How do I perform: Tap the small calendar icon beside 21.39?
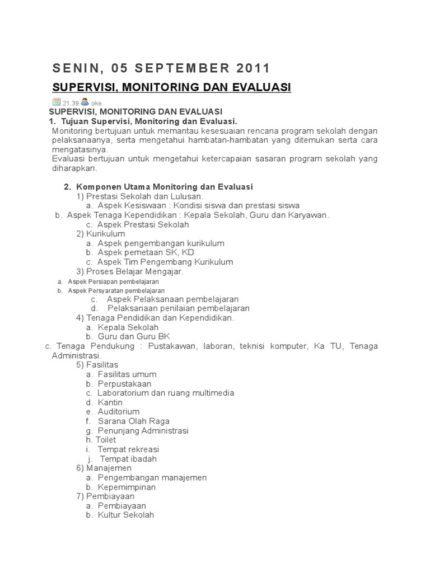click(56, 102)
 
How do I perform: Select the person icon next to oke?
click(84, 102)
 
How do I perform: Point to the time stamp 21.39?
click(70, 103)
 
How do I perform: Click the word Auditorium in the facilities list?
click(119, 411)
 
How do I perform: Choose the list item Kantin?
click(110, 402)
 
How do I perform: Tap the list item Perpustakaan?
click(124, 383)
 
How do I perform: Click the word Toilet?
click(106, 440)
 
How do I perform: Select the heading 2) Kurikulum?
click(101, 233)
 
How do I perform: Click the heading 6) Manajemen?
click(104, 468)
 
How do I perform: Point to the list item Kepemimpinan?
click(127, 487)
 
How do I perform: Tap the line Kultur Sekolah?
click(125, 515)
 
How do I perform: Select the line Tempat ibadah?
click(128, 459)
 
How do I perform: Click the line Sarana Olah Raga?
click(133, 421)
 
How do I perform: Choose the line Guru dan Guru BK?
click(134, 336)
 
